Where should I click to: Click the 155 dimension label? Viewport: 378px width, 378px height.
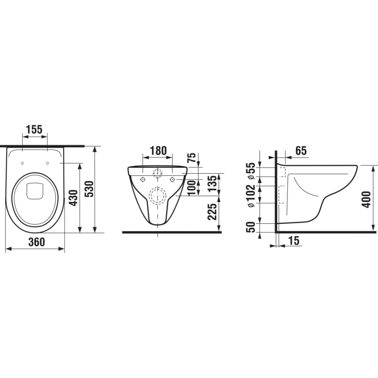point(34,129)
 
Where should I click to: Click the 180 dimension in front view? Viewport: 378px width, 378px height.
point(158,151)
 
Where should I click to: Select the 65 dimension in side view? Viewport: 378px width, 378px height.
point(300,151)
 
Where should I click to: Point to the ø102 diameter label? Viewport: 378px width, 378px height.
point(251,196)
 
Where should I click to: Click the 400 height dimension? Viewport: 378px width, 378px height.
point(367,199)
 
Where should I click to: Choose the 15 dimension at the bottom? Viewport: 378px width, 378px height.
point(294,240)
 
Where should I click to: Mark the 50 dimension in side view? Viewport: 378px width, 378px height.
point(251,226)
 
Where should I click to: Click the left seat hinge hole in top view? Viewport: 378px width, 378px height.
point(22,163)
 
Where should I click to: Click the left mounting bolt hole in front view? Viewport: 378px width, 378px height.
point(143,179)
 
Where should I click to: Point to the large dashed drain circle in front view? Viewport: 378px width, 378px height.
point(157,196)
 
